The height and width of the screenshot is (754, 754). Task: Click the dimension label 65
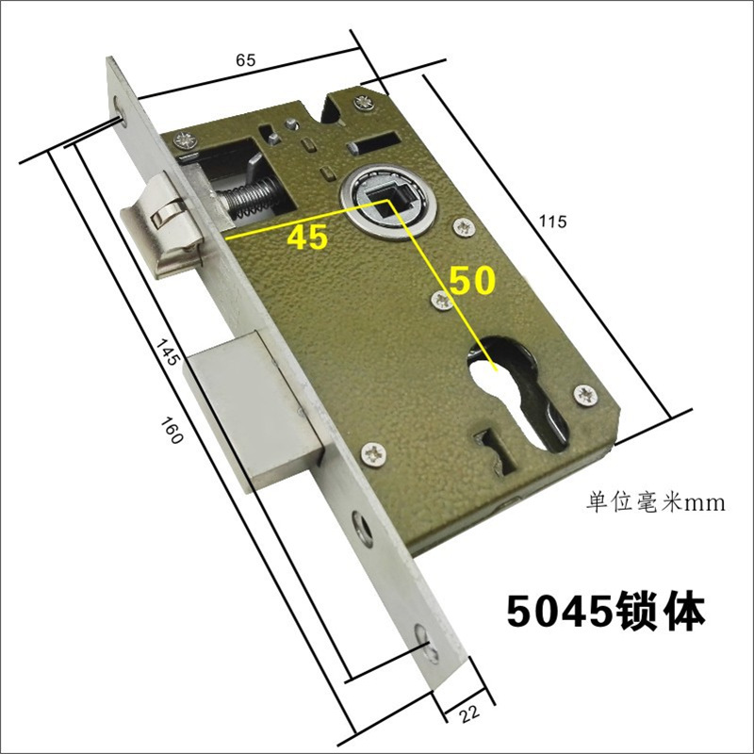[x=245, y=60]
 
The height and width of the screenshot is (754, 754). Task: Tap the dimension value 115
[x=552, y=221]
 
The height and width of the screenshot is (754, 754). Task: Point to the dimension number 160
[x=172, y=431]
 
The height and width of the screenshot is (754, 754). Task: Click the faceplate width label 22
[x=468, y=713]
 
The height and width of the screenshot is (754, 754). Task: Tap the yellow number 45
[x=307, y=237]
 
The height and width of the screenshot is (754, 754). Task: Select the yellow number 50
[x=472, y=280]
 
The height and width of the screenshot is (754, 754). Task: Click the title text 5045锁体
[x=606, y=612]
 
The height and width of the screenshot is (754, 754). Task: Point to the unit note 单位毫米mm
[x=655, y=502]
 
